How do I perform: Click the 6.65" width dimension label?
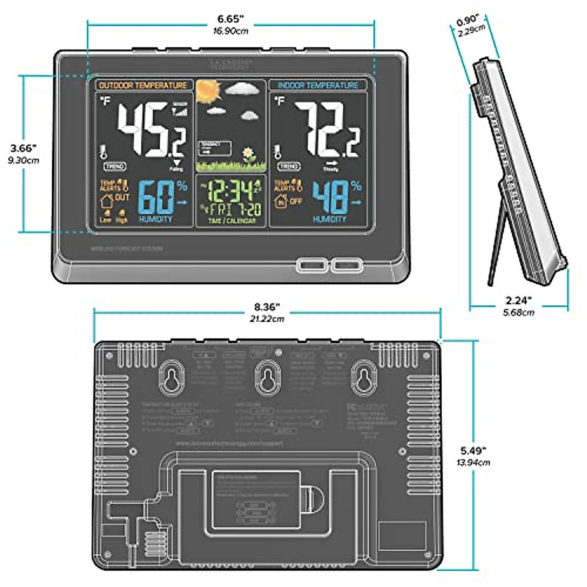coord(230,20)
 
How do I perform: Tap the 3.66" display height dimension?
coord(23,147)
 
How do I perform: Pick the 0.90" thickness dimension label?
coord(467,23)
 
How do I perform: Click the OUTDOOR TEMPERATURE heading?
coord(143,85)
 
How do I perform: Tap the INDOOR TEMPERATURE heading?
coord(318,85)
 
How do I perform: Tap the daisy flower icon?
coord(250,154)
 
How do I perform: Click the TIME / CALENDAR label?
coord(231,221)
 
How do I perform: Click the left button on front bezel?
coord(311,265)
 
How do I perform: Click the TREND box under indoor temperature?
coord(289,166)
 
